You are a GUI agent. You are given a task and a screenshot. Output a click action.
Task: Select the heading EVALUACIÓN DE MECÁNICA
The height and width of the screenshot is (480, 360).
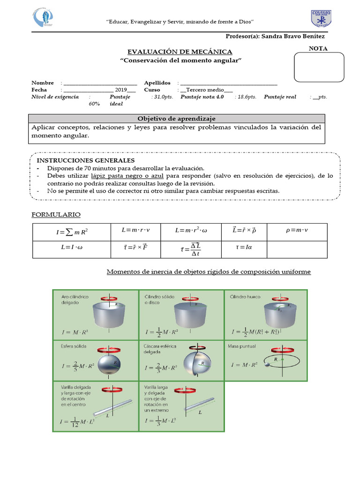tap(180, 52)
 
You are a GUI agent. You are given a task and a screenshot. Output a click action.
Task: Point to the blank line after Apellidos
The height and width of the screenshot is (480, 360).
tap(229, 82)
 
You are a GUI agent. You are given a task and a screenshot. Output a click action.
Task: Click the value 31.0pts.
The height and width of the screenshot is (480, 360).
tap(163, 97)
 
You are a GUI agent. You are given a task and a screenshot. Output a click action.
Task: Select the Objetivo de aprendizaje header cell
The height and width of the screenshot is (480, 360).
tap(176, 119)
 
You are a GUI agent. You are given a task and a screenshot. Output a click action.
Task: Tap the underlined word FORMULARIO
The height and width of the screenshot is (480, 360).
tap(56, 214)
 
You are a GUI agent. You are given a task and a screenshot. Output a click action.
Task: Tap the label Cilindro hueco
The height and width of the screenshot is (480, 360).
tap(245, 297)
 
